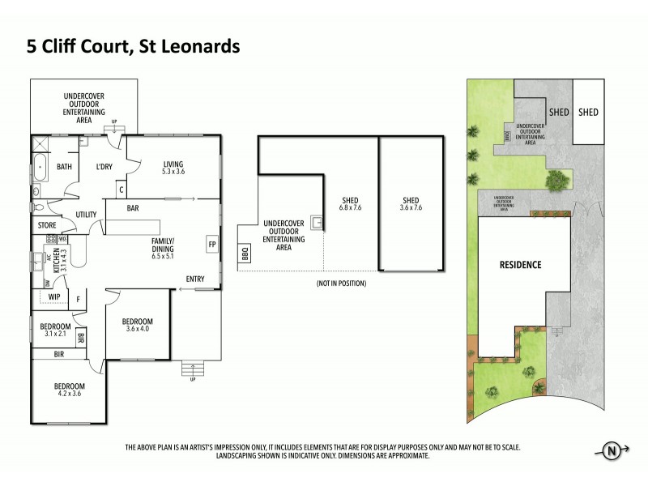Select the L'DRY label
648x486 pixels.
104,167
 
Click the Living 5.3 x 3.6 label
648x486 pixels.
173,167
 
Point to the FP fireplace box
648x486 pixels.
212,244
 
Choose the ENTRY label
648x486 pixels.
194,279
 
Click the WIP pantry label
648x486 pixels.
55,297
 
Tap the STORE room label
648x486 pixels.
46,224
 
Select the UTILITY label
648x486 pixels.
87,215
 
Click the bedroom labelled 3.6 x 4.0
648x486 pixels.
139,325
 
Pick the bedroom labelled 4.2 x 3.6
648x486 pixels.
67,391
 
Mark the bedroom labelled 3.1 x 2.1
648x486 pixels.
53,330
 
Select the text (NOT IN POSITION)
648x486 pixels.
340,283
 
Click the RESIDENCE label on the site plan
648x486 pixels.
519,265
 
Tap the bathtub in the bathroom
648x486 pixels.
39,170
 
